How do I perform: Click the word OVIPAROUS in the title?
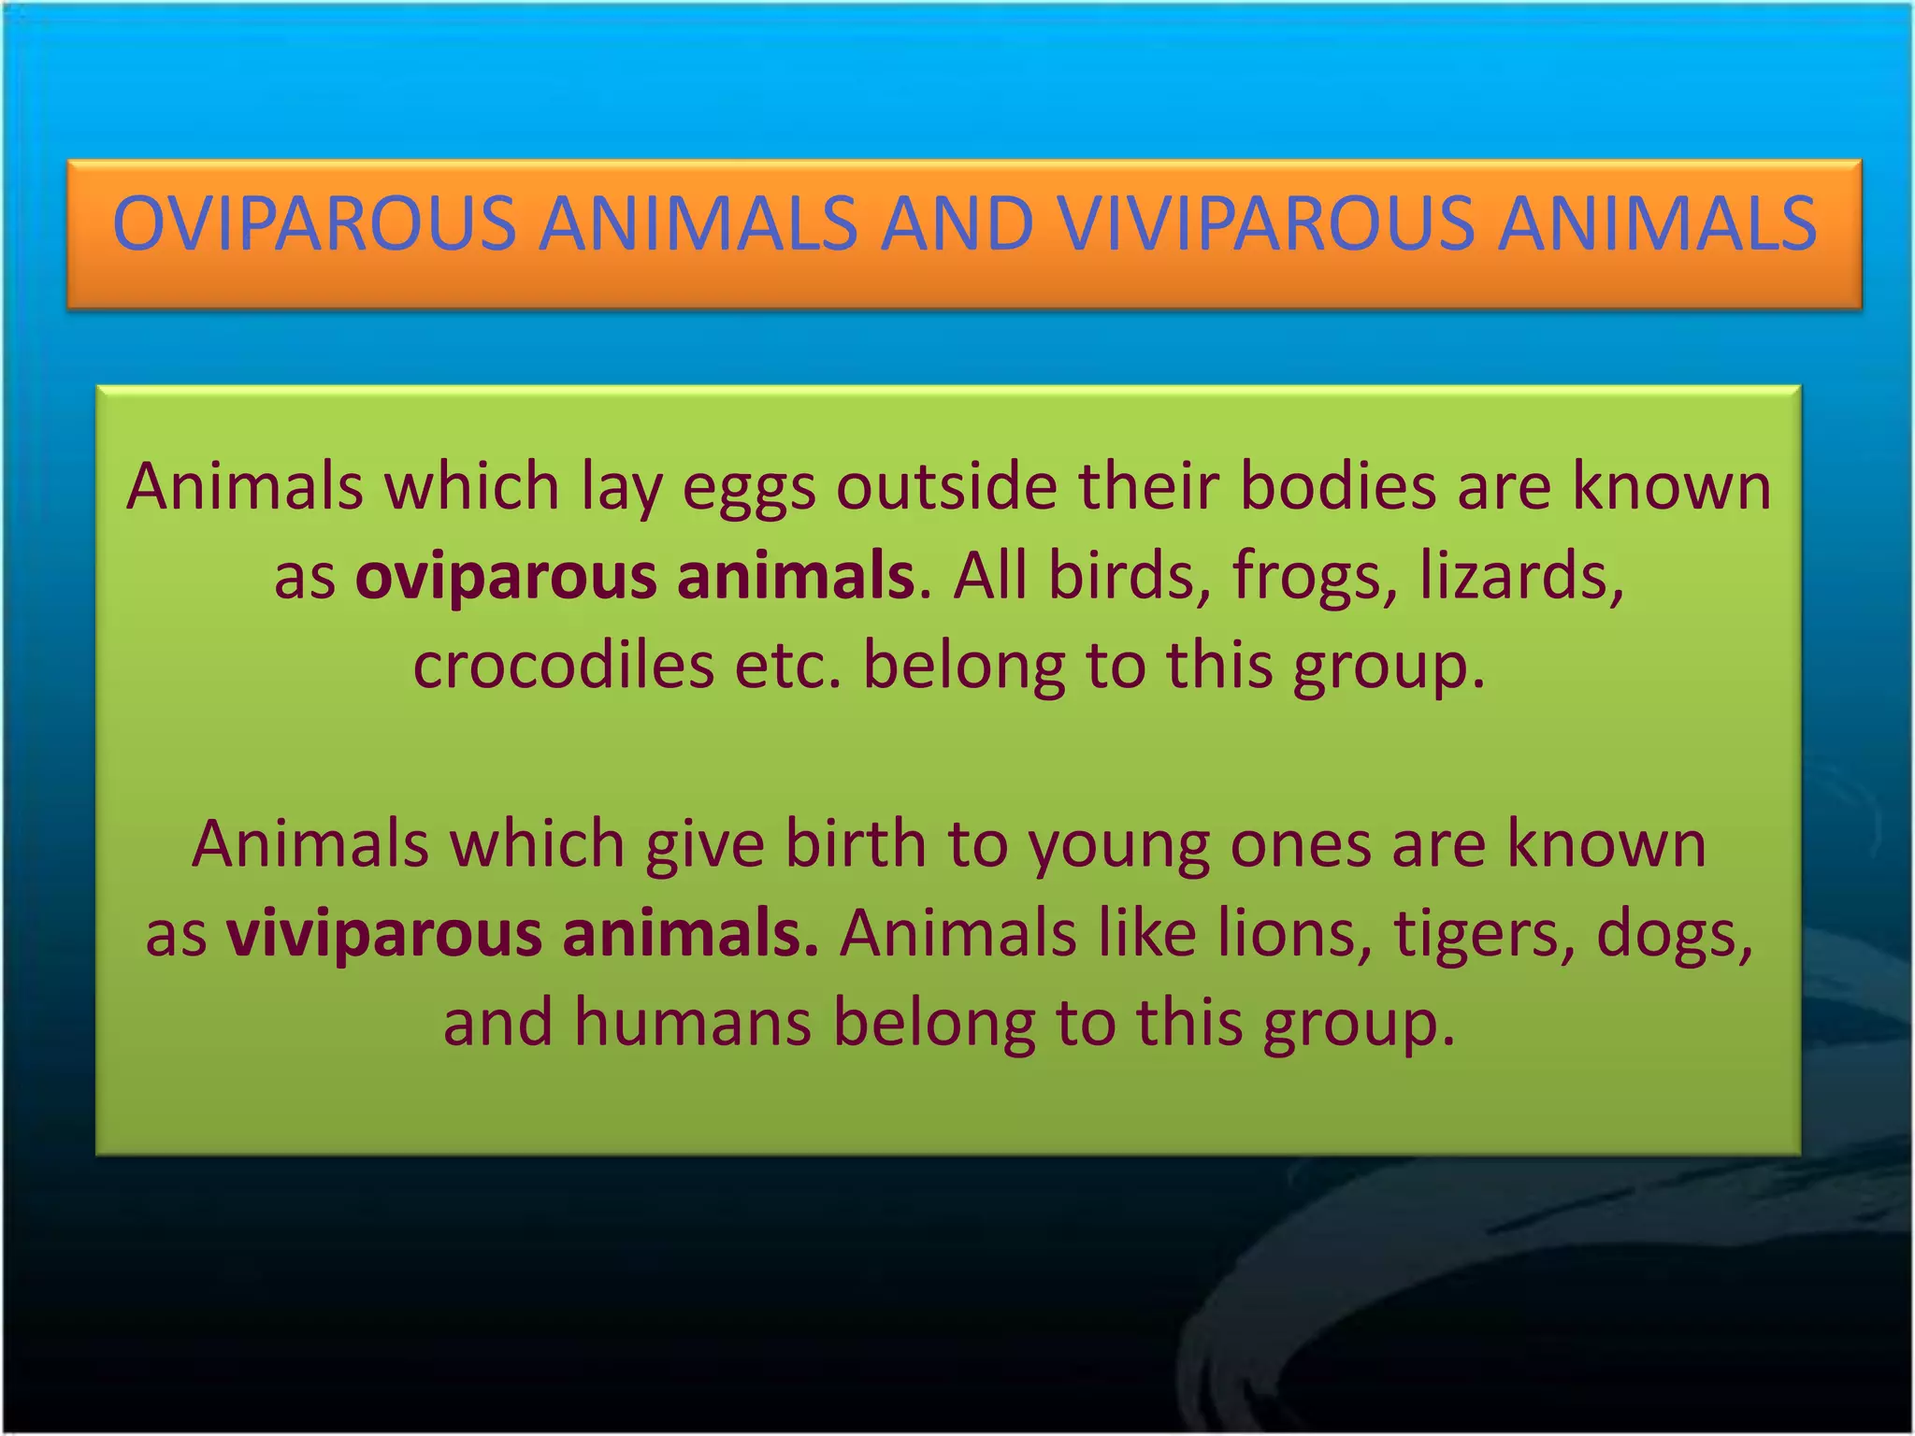tap(313, 224)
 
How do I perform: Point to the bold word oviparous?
tap(506, 578)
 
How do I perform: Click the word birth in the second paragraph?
tap(855, 844)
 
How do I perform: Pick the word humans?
tap(692, 1023)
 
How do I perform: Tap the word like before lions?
tap(1146, 933)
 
